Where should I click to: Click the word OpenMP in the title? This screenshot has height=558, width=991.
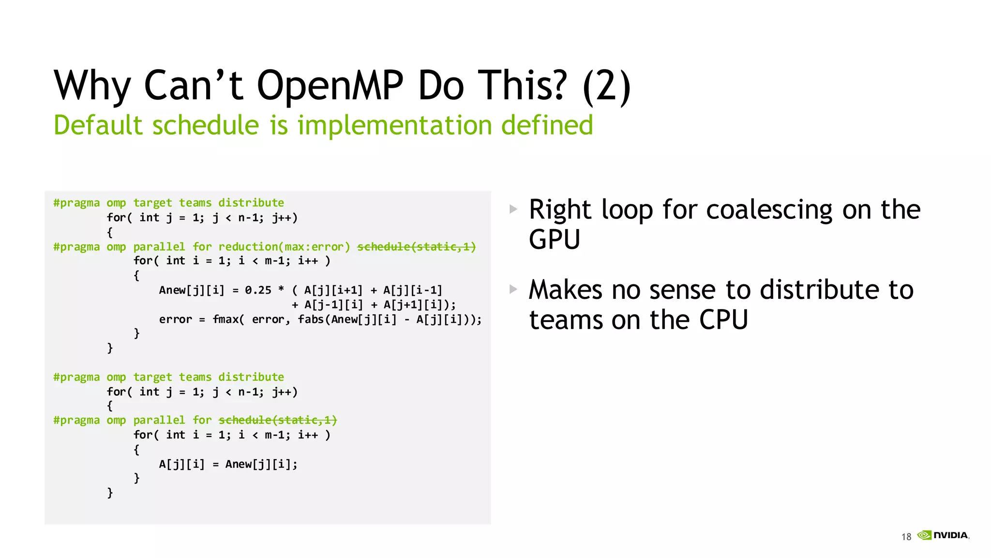tap(330, 85)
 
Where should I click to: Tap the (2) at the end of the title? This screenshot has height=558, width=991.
tap(607, 86)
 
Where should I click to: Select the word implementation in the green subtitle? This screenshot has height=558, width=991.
tap(395, 125)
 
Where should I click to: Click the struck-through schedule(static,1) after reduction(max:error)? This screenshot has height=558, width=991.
tap(417, 247)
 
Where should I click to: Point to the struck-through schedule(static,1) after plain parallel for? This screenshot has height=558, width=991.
tap(278, 420)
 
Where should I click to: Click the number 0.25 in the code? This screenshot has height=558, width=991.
tap(258, 290)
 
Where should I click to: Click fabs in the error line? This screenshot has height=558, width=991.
tap(311, 319)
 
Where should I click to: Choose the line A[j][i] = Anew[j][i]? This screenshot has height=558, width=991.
tap(228, 464)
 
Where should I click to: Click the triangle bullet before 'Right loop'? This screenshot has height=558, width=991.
tap(513, 209)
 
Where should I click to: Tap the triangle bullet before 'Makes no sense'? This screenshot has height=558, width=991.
tap(513, 290)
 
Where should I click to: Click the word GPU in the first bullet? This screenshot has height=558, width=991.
tap(554, 239)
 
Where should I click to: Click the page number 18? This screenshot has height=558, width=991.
tap(906, 537)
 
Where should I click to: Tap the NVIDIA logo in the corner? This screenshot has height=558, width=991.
tap(944, 535)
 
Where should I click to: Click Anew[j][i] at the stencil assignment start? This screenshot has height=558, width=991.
tap(192, 290)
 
